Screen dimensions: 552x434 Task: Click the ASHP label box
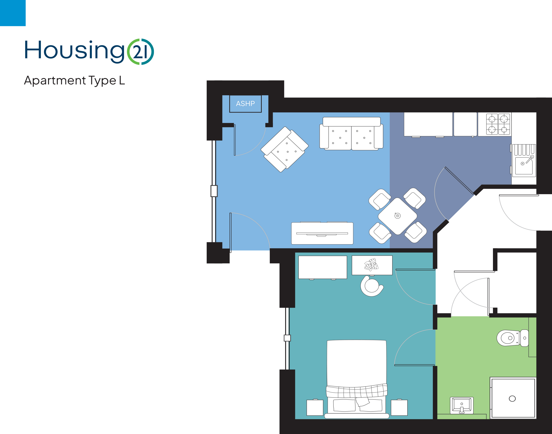coord(245,104)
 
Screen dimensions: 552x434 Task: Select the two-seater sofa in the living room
coord(351,134)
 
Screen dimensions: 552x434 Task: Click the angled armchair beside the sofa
coord(284,149)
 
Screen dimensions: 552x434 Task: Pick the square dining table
coord(398,216)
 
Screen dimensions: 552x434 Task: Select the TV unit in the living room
coord(322,233)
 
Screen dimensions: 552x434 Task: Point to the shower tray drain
coord(512,399)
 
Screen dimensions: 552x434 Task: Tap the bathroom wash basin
coord(462,405)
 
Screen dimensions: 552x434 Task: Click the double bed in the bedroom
coord(357,379)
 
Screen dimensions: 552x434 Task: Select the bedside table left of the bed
coord(315,408)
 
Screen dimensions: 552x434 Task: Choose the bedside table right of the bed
coord(399,408)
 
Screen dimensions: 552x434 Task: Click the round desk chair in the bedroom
coord(372,286)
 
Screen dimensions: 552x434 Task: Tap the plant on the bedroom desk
coord(371,264)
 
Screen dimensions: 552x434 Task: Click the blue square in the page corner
coord(13,13)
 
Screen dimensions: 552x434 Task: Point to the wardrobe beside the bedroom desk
coord(323,267)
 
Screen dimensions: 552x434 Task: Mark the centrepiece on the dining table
coord(398,216)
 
